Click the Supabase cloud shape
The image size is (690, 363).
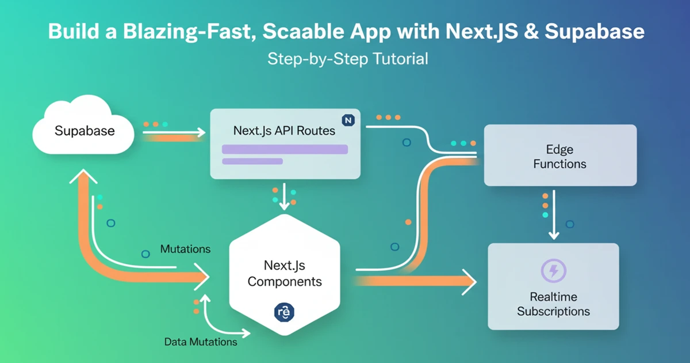(x=85, y=131)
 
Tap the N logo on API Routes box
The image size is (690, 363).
(x=348, y=120)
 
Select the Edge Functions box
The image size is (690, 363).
(x=559, y=156)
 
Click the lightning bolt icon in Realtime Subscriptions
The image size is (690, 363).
(x=554, y=270)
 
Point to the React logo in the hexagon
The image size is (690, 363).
(x=284, y=312)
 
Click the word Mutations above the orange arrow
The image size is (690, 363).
(x=185, y=249)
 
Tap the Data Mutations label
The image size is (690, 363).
(x=201, y=342)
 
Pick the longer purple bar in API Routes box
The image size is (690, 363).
(x=285, y=149)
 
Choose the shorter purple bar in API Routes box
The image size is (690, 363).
(x=252, y=161)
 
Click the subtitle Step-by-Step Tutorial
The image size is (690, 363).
(x=347, y=59)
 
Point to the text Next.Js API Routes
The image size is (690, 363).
(x=284, y=131)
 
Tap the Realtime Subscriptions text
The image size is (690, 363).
(x=553, y=304)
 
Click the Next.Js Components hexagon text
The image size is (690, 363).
(x=285, y=274)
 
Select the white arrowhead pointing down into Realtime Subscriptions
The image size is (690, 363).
(x=554, y=235)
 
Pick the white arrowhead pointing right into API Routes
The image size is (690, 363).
(x=200, y=133)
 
